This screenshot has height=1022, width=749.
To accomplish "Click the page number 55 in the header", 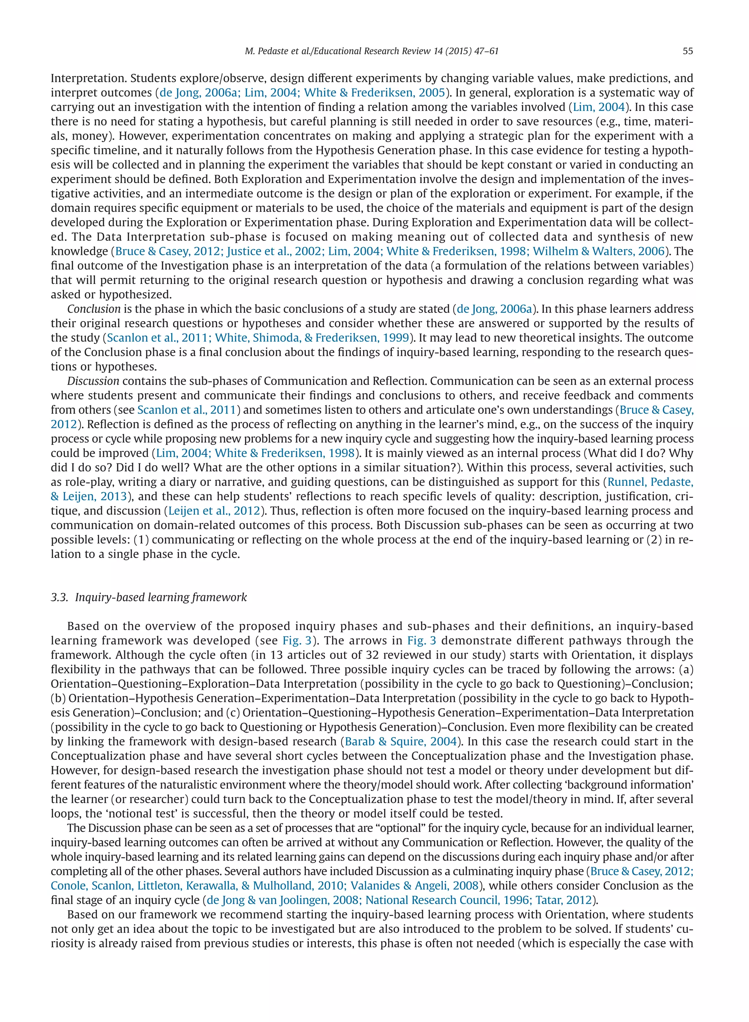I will (x=687, y=51).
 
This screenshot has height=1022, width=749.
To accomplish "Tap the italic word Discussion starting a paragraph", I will (x=93, y=381).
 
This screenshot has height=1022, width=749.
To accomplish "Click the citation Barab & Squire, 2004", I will (x=400, y=742).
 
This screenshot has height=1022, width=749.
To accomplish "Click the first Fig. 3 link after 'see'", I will (x=297, y=641).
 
